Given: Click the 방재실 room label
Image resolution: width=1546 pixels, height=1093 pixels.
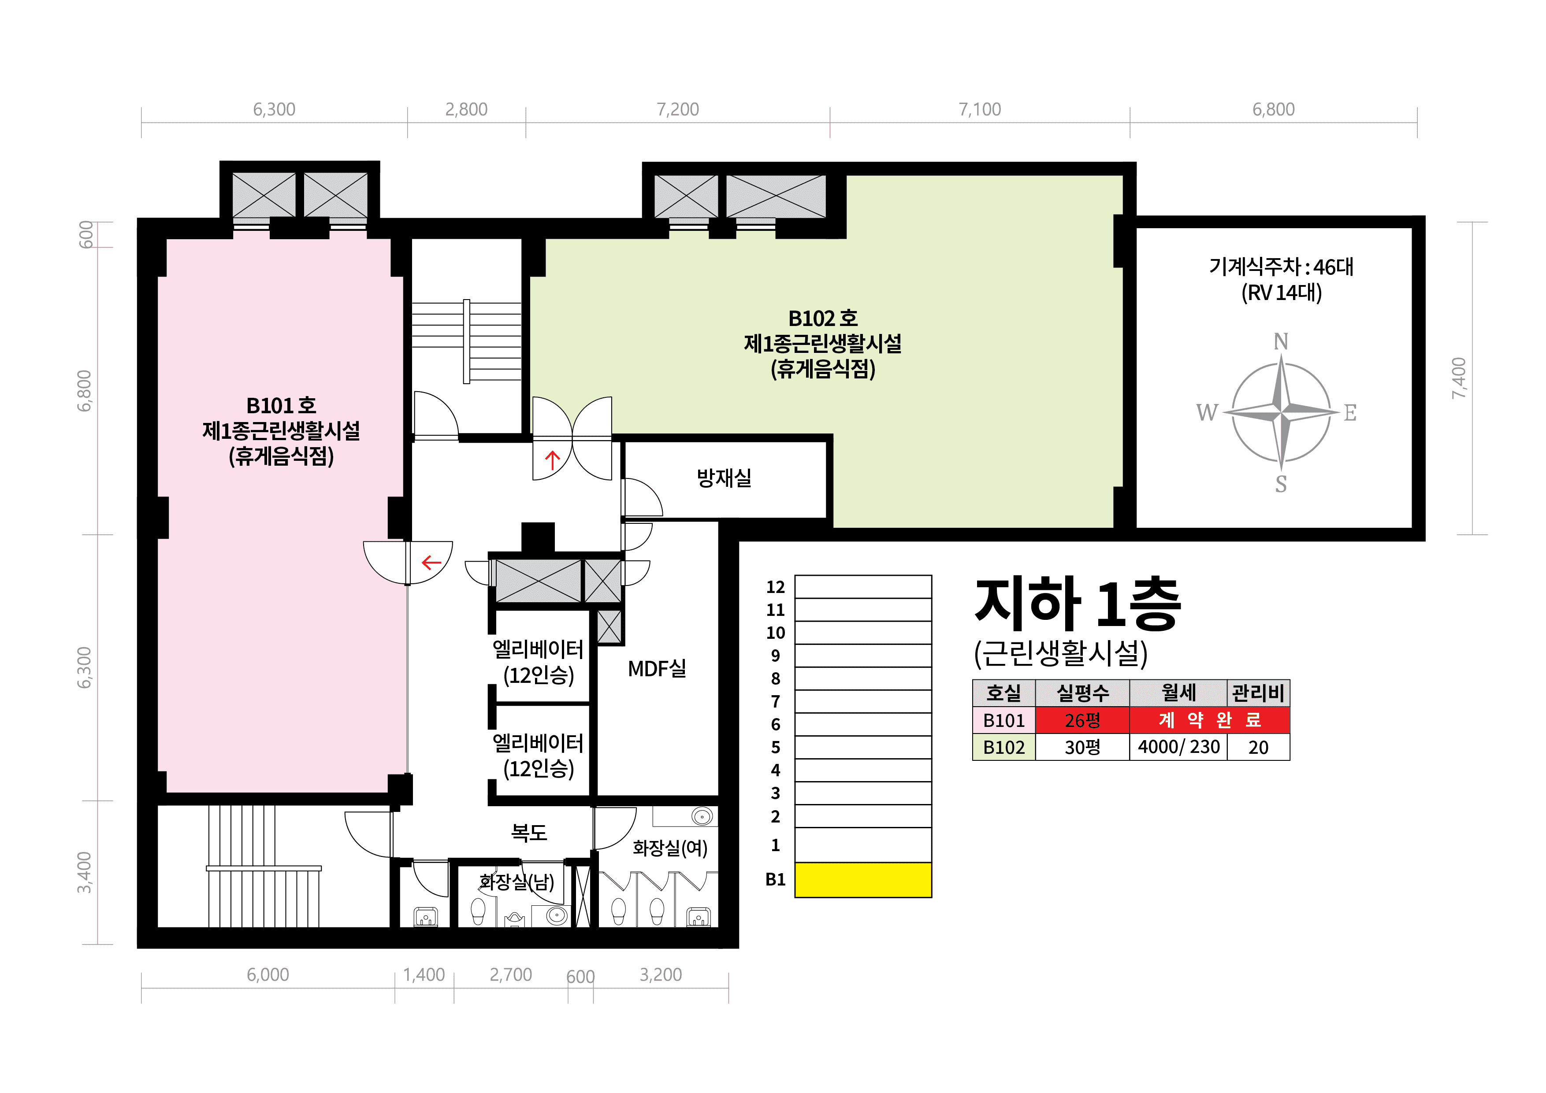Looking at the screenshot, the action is coord(724,478).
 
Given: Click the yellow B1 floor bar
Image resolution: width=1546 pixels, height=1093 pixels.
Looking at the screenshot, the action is coord(863,880).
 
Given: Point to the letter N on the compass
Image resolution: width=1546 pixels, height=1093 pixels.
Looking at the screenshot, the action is coord(1281,342).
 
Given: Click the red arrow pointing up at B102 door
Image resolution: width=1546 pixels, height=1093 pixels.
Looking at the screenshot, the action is coord(552,460).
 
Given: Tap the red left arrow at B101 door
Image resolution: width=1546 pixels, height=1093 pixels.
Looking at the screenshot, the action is coord(431,562).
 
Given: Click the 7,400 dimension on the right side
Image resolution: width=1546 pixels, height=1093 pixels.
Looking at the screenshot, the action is coord(1459,378).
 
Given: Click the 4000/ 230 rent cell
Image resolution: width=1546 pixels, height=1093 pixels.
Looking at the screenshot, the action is coord(1178,747).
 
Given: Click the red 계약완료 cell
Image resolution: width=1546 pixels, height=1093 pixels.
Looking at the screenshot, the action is coord(1209,720).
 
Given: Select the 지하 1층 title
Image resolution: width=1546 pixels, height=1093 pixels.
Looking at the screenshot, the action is coord(1078,604).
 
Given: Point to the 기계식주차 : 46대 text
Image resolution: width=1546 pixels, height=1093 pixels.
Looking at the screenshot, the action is coord(1281,267).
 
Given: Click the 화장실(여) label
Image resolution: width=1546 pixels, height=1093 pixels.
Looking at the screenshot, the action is coord(670,848).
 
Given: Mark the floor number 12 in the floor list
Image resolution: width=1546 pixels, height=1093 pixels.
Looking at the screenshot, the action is coord(776,587).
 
